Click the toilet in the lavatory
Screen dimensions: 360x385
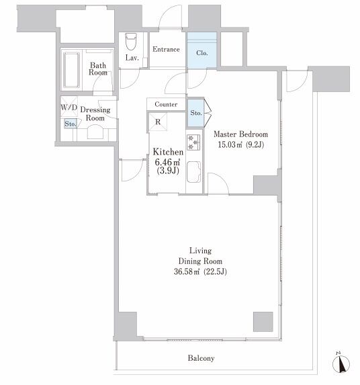[130, 41]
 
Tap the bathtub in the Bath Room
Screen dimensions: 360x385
[71, 70]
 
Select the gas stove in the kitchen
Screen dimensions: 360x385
[193, 142]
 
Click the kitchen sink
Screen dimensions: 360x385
[193, 172]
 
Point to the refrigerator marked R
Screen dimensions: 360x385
[158, 122]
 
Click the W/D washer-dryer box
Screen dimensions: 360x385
[69, 107]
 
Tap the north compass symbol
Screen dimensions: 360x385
[341, 363]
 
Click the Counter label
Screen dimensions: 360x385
[166, 104]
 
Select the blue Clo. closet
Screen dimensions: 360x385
[202, 50]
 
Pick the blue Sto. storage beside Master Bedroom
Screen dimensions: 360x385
[196, 113]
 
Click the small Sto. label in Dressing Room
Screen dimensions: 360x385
[71, 124]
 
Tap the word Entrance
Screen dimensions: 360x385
[166, 49]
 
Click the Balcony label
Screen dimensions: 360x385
[201, 358]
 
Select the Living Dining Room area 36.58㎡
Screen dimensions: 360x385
[187, 271]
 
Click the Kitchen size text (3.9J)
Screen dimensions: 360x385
[168, 171]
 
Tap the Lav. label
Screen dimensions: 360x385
[132, 58]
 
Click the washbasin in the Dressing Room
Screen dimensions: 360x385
[95, 132]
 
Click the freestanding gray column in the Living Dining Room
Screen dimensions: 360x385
[263, 322]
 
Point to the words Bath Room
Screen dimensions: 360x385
[98, 69]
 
